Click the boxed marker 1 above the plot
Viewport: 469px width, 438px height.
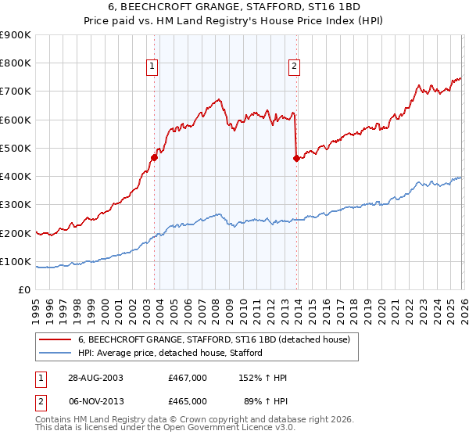(153, 66)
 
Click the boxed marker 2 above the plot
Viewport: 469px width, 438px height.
(295, 66)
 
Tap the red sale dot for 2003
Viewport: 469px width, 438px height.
(154, 157)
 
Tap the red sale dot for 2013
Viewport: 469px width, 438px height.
(296, 158)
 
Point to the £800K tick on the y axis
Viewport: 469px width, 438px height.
(16, 63)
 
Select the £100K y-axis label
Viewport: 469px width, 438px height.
(16, 261)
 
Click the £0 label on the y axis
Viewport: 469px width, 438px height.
(24, 290)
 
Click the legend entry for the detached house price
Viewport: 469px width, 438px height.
(218, 339)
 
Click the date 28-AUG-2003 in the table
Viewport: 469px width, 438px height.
(95, 378)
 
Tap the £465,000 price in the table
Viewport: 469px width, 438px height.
(188, 400)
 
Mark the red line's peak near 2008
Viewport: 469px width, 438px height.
(218, 99)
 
